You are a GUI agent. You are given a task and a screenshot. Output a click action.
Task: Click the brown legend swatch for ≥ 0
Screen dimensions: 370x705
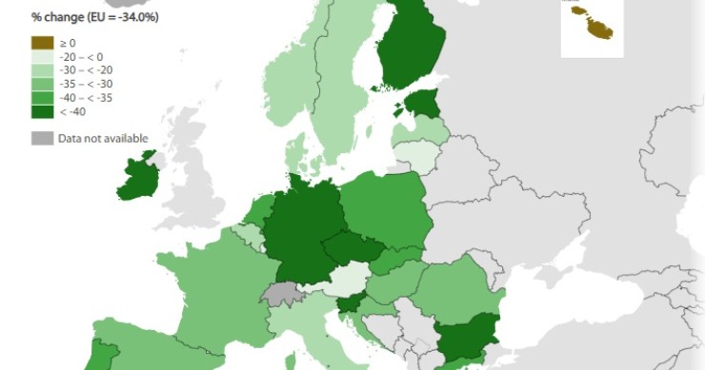click(42, 42)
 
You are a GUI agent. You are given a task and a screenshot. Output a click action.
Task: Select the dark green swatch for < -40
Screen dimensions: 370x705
click(42, 110)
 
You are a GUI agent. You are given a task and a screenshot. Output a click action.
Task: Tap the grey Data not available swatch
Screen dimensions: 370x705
click(42, 138)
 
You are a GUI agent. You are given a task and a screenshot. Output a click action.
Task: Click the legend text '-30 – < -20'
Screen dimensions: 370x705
click(86, 69)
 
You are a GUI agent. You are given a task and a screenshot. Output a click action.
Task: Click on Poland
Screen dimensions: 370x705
click(386, 210)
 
